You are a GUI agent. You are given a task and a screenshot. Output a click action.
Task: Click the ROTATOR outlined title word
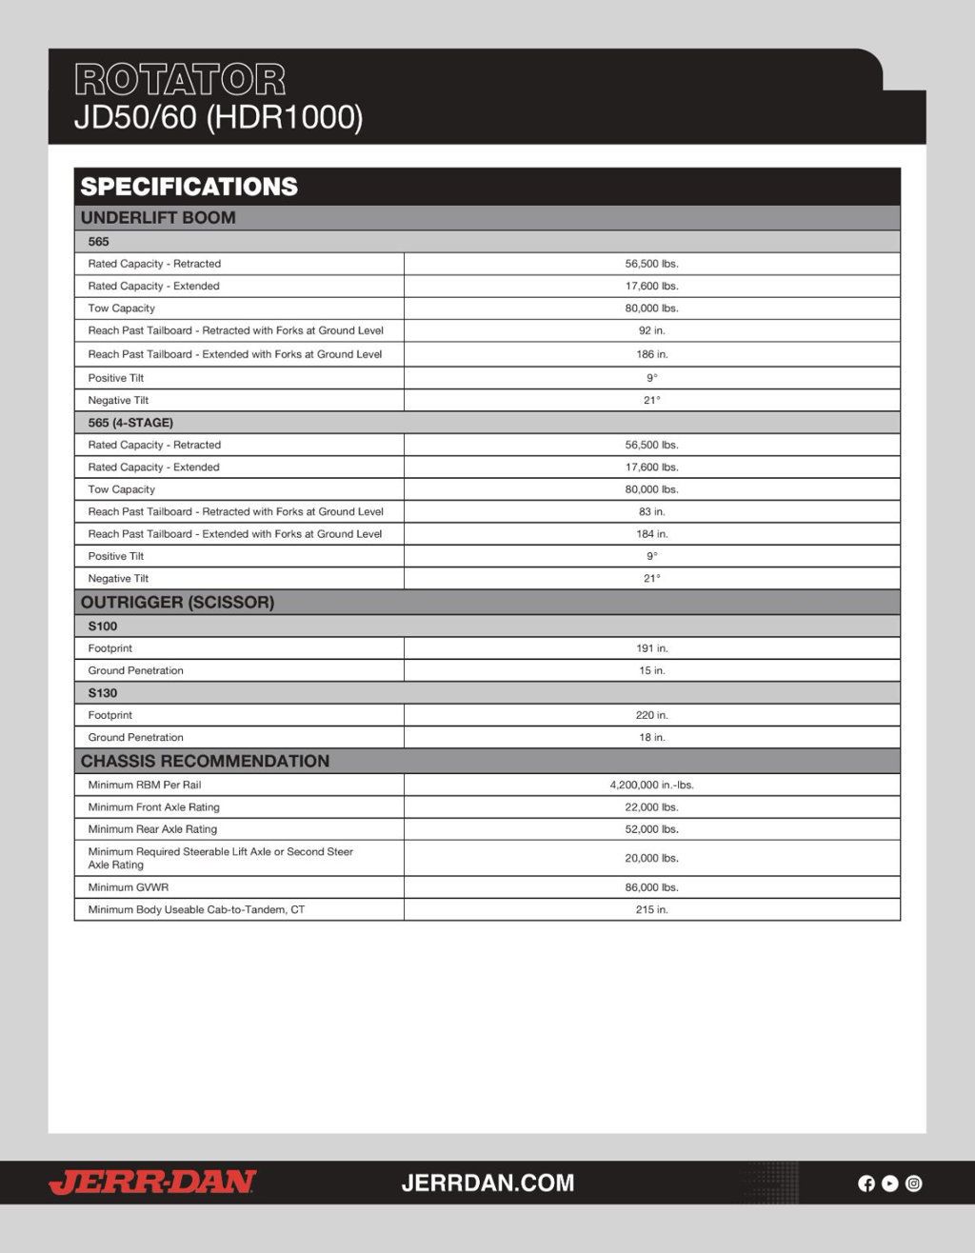click(180, 80)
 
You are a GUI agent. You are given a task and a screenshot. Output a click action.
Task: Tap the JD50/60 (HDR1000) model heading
click(218, 118)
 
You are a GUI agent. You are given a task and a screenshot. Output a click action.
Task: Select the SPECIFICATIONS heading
click(189, 187)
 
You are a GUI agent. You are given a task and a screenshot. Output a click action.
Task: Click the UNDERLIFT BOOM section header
click(158, 218)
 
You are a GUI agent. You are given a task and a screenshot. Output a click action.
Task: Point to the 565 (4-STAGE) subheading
click(130, 423)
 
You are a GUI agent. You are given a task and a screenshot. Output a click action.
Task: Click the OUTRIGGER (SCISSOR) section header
click(177, 603)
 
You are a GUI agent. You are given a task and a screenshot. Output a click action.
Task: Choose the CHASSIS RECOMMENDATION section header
click(205, 762)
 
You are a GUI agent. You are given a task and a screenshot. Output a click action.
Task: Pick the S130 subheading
click(103, 693)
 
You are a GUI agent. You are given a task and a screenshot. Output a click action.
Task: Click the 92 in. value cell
click(651, 331)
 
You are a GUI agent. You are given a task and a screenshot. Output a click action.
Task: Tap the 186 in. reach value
click(651, 354)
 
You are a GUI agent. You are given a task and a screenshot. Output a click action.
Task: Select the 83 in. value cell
click(651, 512)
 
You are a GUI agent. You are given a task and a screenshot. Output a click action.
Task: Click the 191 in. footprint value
click(651, 648)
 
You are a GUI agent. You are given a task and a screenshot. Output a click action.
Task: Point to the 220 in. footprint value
click(651, 715)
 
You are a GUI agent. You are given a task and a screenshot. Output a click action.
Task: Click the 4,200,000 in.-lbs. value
click(651, 786)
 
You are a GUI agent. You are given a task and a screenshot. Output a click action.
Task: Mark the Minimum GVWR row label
click(129, 887)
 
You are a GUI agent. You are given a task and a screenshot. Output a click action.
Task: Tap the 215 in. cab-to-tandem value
click(651, 910)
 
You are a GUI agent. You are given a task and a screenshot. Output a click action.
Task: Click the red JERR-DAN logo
click(152, 1183)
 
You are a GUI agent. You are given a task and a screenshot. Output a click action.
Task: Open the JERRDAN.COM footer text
click(487, 1183)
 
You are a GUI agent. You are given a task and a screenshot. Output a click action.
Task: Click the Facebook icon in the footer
click(866, 1183)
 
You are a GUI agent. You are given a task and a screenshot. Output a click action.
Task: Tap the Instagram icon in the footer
click(914, 1183)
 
